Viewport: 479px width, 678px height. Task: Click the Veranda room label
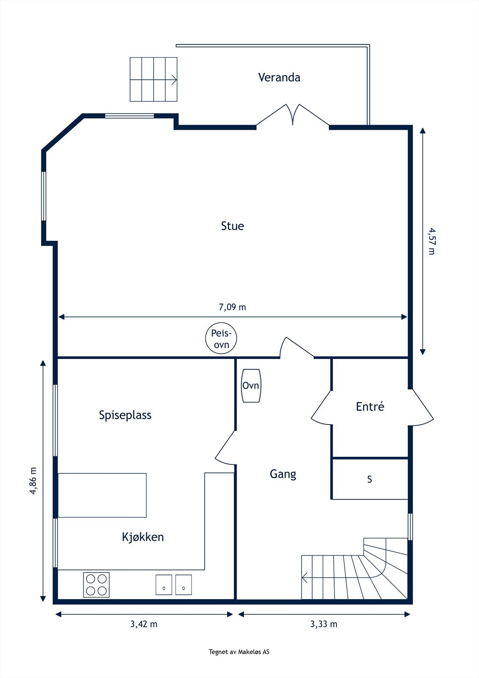(x=279, y=77)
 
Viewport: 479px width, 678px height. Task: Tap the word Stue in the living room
(x=232, y=226)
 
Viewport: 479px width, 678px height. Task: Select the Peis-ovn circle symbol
(x=221, y=338)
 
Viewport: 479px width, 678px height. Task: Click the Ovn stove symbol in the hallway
(x=251, y=386)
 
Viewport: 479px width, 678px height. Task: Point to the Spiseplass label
(x=125, y=415)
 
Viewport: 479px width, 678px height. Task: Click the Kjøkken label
(x=143, y=537)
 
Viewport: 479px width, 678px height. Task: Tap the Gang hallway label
(x=282, y=474)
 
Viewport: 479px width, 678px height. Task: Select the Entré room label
(x=370, y=407)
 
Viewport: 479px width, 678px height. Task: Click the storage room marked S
(x=369, y=479)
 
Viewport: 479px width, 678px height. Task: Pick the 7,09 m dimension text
(x=232, y=307)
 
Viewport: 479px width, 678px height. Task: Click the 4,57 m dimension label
(x=431, y=241)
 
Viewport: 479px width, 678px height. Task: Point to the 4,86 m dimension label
(x=33, y=481)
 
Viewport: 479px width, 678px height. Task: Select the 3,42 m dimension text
(x=144, y=624)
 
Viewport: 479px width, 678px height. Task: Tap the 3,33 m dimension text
(x=324, y=624)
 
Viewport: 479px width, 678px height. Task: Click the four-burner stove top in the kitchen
(x=96, y=585)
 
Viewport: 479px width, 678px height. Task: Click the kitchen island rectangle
(x=102, y=495)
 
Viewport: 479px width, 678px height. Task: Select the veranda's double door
(x=293, y=115)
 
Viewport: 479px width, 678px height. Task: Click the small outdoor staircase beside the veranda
(x=153, y=79)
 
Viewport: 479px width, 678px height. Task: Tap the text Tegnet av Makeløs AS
(x=239, y=652)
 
